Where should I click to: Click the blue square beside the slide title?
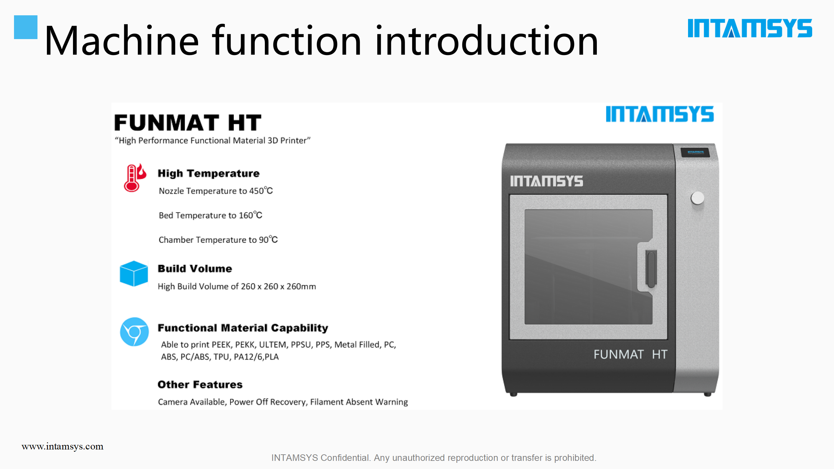[26, 27]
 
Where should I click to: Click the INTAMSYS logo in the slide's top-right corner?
[750, 28]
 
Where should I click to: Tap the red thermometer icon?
[135, 178]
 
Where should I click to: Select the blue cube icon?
[134, 274]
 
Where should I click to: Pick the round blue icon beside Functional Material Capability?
[134, 332]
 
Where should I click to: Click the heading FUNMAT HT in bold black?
[188, 122]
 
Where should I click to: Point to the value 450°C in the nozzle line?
[261, 191]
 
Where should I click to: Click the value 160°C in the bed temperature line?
[251, 215]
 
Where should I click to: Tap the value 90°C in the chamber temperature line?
[268, 239]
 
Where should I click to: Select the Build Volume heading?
[195, 268]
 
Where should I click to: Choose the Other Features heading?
[200, 384]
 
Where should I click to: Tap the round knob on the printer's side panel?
[697, 198]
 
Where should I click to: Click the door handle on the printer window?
[651, 269]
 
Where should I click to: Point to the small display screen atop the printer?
[695, 152]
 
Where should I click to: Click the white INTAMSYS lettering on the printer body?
[547, 181]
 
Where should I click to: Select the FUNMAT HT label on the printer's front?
[630, 354]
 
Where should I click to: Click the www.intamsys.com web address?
[63, 446]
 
